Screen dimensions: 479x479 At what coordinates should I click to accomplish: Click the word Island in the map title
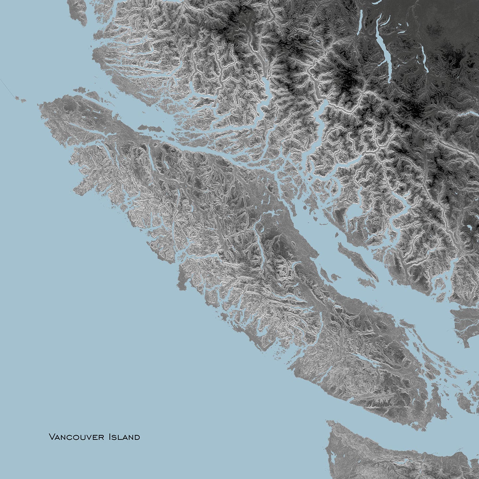click(x=124, y=437)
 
